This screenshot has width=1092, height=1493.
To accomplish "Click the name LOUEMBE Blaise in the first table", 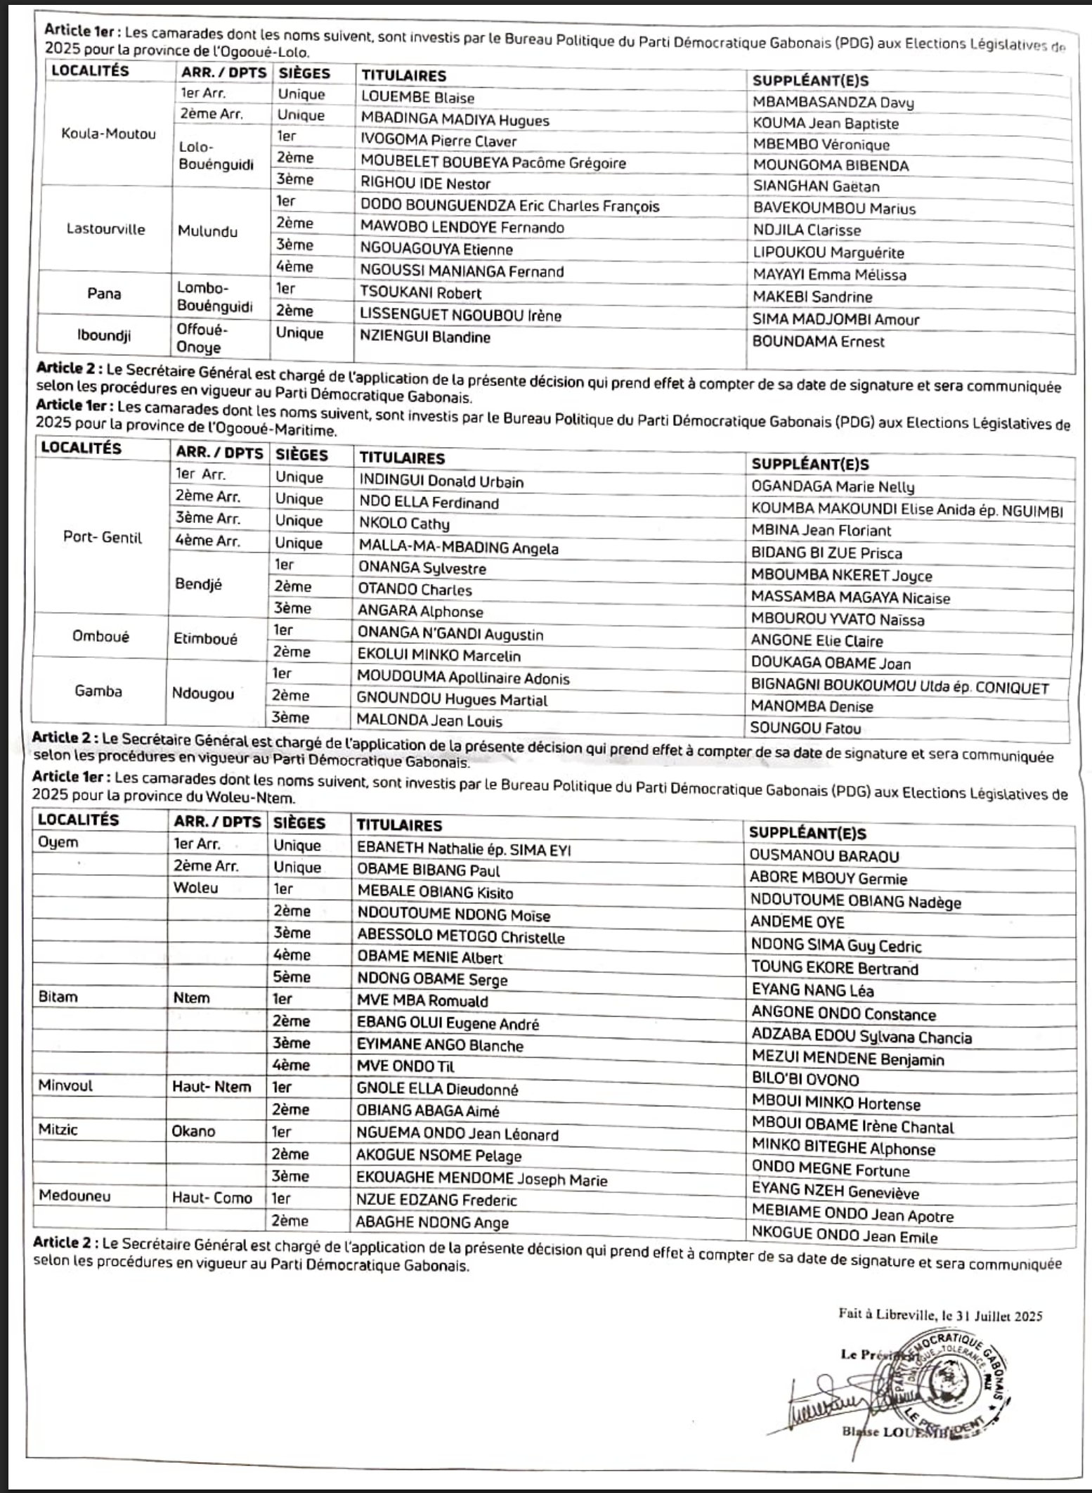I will coord(417,98).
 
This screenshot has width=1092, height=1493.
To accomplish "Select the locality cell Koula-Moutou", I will coord(108,134).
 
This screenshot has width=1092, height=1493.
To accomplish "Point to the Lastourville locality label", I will coord(105,229).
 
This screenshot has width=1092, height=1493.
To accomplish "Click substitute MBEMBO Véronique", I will coord(821,145).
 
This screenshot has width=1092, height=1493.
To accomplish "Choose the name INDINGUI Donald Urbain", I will coord(441,481).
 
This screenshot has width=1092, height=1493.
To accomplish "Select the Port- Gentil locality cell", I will coord(103,538).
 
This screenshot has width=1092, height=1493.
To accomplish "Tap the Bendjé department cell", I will coord(199,584).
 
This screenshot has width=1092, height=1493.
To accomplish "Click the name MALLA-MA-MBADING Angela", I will coord(458,547).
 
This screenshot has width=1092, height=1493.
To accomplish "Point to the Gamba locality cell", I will coord(98,691).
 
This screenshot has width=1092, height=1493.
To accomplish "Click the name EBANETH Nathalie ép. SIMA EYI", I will coord(464,849).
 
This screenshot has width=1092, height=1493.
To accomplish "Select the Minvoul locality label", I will coord(65,1085).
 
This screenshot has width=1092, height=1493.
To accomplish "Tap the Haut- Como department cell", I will coord(212,1197).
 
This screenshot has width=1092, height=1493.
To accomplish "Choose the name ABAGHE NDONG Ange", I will coord(431,1222).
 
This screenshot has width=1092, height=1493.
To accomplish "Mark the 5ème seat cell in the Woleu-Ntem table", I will coord(292,976).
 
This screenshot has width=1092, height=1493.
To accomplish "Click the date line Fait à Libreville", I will coord(940,1314).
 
